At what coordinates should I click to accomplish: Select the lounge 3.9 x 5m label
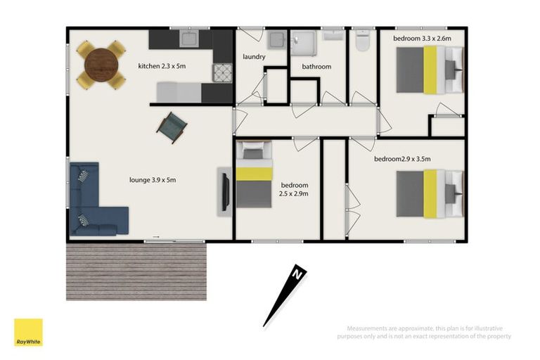coord(153,180)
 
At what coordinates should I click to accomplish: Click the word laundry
coord(253,56)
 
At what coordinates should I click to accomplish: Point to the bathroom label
coord(316,67)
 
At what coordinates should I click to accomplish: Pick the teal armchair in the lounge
coord(172,128)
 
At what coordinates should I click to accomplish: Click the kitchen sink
coord(190,38)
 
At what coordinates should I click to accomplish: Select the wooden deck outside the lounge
coord(136,272)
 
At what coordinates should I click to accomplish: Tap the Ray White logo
coord(28,332)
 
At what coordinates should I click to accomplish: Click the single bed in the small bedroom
coord(253,176)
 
